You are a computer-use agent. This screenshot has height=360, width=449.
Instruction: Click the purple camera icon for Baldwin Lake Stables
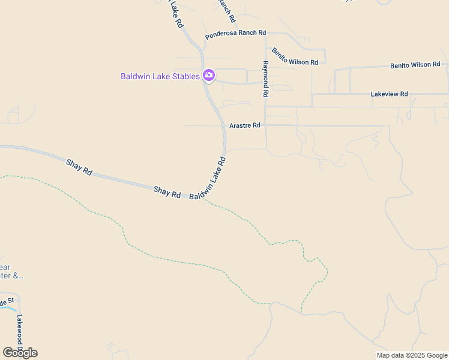point(209,76)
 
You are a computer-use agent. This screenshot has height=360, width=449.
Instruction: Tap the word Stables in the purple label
point(183,76)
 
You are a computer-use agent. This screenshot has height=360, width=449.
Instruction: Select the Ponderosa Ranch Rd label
point(235,35)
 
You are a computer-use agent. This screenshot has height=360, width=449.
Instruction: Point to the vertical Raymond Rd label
point(265,79)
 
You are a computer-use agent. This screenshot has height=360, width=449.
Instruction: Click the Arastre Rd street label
point(245,125)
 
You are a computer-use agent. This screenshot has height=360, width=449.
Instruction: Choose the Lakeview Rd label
point(389,94)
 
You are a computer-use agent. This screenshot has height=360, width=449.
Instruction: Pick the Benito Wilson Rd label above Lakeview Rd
point(415,65)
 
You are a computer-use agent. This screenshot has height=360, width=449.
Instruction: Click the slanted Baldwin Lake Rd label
point(208,179)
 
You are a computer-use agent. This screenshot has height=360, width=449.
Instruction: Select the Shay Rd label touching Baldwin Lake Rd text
point(167,192)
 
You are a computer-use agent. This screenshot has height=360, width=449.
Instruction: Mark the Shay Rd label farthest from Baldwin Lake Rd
point(79,167)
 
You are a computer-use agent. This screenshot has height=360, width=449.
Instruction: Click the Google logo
point(20,353)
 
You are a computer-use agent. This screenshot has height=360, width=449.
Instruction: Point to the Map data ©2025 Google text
point(412,355)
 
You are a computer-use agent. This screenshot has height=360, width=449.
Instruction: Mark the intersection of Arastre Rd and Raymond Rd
point(265,125)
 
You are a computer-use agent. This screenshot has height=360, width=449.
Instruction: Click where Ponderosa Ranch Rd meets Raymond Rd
point(265,32)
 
